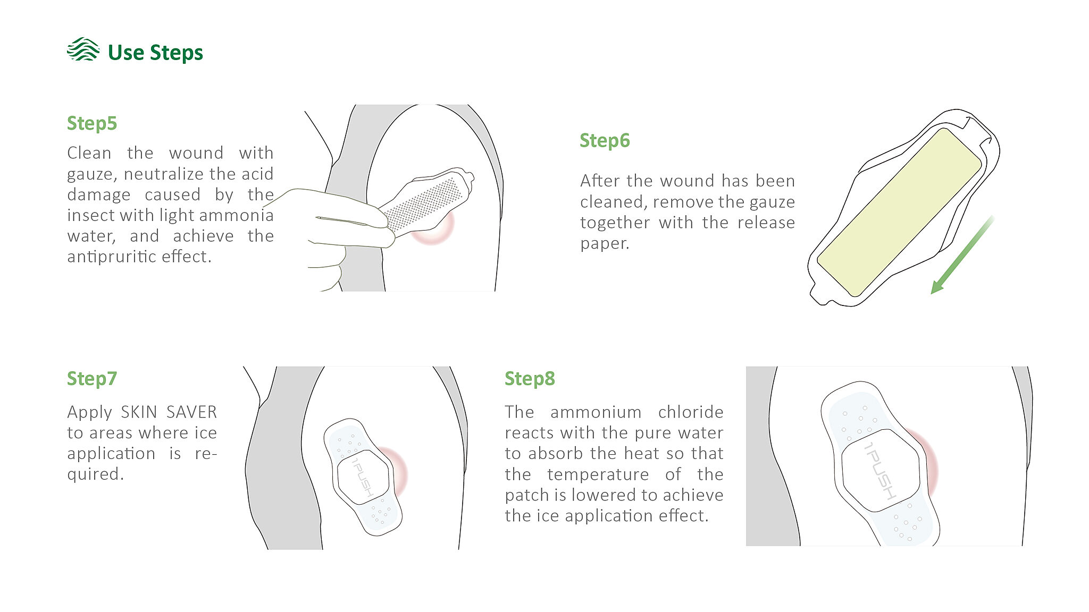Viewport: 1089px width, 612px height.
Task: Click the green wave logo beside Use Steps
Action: [83, 49]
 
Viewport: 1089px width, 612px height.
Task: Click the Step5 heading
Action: [92, 124]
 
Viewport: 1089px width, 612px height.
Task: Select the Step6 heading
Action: [605, 141]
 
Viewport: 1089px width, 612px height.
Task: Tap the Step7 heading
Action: [92, 379]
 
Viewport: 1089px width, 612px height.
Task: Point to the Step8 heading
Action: [530, 379]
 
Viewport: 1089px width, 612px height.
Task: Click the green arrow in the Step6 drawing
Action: [961, 255]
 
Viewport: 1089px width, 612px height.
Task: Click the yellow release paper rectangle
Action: [899, 212]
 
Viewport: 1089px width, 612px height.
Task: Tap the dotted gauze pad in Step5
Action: [423, 204]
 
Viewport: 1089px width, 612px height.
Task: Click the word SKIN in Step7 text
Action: [139, 412]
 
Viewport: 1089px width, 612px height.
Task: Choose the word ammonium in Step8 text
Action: [596, 412]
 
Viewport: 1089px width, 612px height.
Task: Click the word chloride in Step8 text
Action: [691, 412]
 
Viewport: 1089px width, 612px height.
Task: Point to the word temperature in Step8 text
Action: [598, 474]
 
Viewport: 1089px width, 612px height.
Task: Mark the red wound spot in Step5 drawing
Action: [433, 227]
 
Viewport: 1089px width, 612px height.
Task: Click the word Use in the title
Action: [125, 53]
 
